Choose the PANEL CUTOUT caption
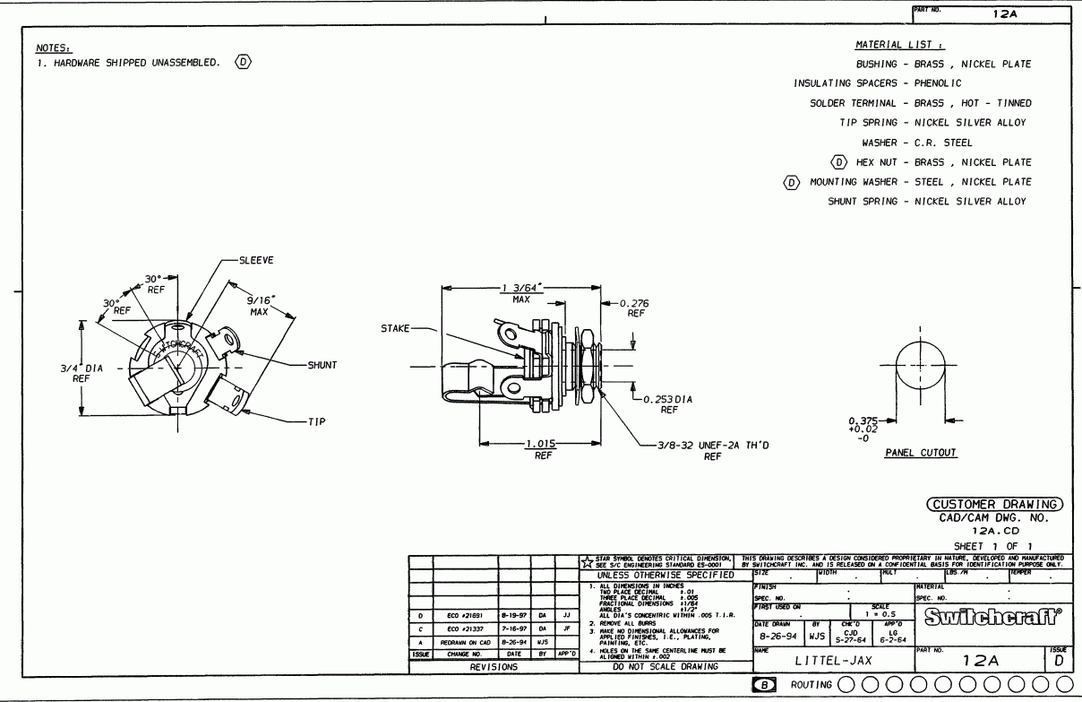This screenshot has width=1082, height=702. click(921, 454)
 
